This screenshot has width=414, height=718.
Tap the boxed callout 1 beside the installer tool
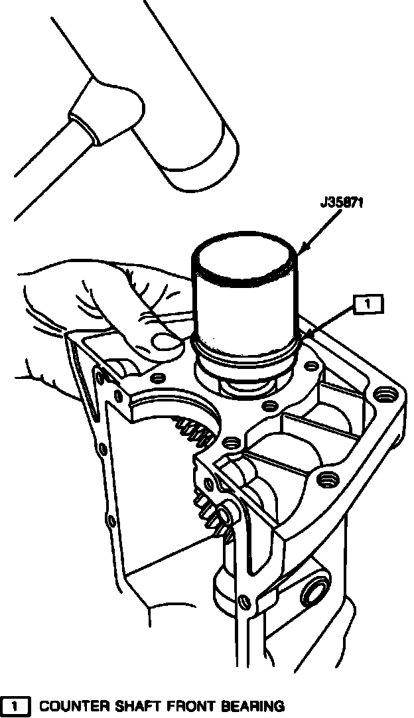(368, 305)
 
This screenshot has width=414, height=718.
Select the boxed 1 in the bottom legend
(16, 706)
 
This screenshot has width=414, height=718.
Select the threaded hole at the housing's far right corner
(384, 397)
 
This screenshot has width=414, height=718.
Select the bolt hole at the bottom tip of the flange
(246, 602)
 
